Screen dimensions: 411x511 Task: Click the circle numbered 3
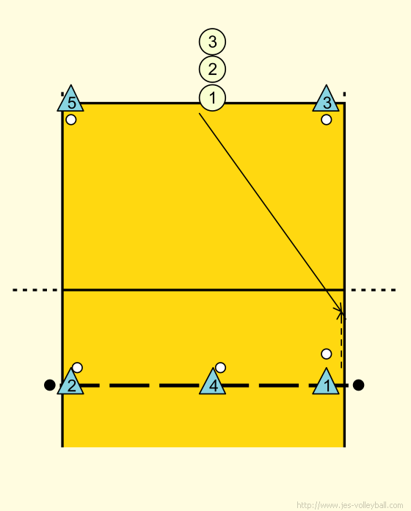212,42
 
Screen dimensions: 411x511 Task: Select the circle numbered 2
212,70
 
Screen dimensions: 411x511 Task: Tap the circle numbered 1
212,98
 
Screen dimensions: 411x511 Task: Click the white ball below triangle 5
71,120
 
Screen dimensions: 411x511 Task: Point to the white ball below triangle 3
327,120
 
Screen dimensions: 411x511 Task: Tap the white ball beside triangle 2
77,368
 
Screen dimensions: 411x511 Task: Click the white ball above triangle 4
220,368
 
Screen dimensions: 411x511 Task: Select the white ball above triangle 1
327,354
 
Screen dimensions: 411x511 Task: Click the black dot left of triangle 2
49,385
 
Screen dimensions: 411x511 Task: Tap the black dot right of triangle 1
358,385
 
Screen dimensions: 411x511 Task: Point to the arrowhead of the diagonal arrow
343,314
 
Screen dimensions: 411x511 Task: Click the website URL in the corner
350,505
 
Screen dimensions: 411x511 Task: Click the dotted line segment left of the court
34,290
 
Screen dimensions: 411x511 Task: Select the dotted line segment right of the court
374,290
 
